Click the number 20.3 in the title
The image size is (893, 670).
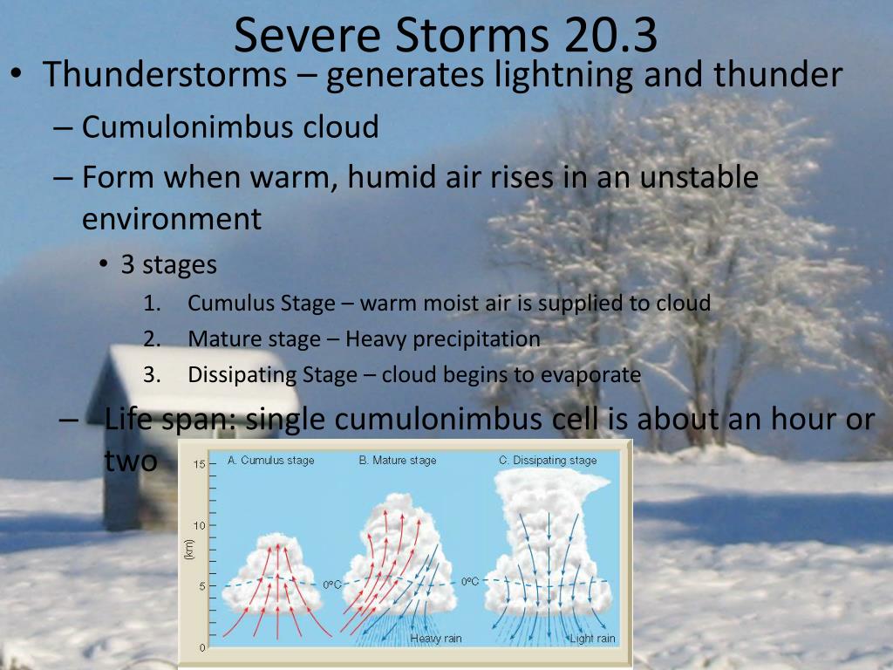click(x=610, y=35)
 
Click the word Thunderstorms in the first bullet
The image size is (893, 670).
click(x=165, y=75)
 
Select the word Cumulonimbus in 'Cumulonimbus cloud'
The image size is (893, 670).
click(x=188, y=126)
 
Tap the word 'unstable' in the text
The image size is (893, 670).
click(x=699, y=176)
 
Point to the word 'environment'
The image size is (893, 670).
click(x=172, y=219)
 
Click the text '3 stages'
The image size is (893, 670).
click(x=168, y=265)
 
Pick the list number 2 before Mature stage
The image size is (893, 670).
click(x=152, y=339)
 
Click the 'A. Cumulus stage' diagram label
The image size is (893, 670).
click(x=270, y=461)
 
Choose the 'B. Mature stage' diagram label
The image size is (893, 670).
click(x=398, y=461)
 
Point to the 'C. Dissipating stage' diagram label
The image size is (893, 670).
click(x=548, y=461)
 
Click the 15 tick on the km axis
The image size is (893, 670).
click(x=199, y=464)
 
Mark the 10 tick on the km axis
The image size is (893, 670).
click(x=199, y=525)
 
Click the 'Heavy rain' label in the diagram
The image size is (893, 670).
click(x=436, y=639)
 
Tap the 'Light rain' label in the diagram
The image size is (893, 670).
click(x=592, y=639)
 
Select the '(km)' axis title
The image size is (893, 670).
click(x=189, y=550)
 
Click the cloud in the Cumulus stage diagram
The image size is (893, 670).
click(x=272, y=576)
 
